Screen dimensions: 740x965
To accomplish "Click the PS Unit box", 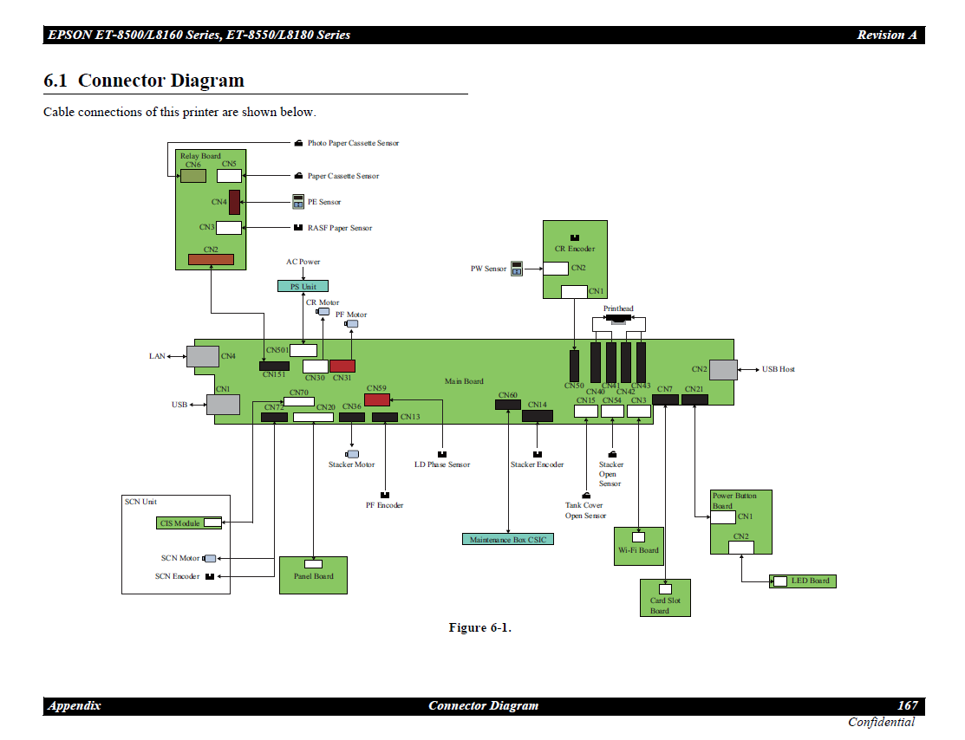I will click(303, 286).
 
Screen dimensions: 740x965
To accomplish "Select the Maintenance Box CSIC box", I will click(508, 539).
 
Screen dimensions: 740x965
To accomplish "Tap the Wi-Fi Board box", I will click(639, 546).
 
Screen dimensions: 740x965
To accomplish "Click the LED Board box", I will click(803, 581).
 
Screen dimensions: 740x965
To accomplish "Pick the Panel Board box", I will click(313, 574).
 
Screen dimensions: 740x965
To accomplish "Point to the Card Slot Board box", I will click(665, 598).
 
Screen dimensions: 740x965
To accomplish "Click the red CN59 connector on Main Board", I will click(377, 399).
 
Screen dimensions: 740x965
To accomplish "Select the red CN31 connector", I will click(342, 366).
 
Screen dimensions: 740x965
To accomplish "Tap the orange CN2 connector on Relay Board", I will click(211, 259).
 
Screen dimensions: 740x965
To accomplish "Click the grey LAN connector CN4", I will click(203, 356).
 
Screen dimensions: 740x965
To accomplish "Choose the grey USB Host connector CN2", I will click(724, 369).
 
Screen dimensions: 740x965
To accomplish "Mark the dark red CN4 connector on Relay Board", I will click(234, 202).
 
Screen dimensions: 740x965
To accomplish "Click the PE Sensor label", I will click(324, 202).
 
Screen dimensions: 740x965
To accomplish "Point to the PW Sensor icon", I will click(517, 269).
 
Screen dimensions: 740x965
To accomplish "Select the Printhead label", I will click(618, 308).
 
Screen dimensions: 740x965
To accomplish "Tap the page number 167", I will click(907, 705).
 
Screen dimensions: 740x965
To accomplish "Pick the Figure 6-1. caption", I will click(479, 627).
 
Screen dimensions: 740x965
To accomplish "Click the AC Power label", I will click(303, 262).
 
